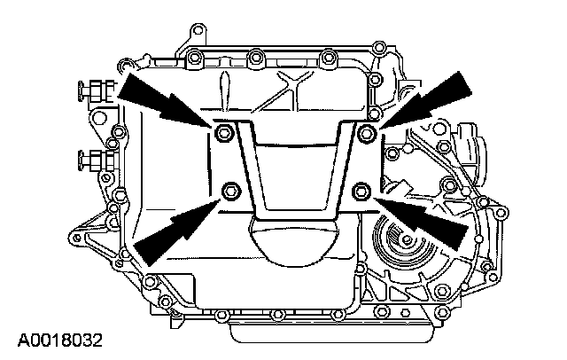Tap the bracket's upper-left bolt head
(222, 133)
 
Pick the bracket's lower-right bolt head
(361, 189)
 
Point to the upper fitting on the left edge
(94, 90)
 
